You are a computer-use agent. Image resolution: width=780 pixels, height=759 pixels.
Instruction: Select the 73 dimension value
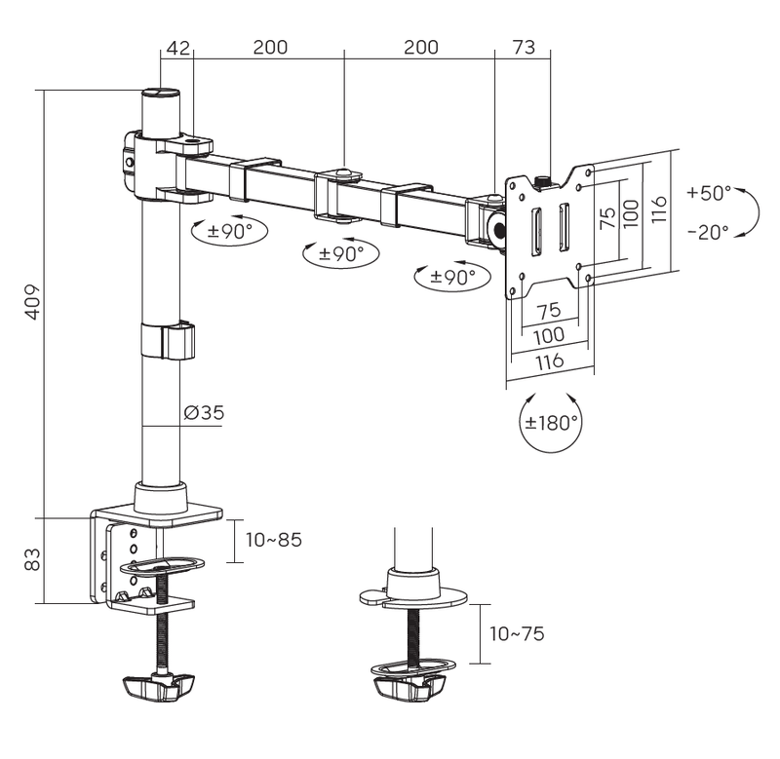[524, 48]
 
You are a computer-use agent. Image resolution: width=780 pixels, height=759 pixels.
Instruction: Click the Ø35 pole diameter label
[204, 413]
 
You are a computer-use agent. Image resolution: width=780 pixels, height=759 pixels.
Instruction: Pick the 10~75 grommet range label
[517, 634]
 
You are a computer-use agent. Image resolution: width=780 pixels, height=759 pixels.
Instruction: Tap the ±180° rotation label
[552, 423]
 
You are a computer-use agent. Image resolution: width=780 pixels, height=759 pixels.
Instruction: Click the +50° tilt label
[708, 192]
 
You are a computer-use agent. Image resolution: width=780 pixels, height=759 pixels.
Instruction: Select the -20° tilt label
[708, 232]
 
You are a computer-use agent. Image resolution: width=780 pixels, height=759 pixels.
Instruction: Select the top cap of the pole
[163, 95]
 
